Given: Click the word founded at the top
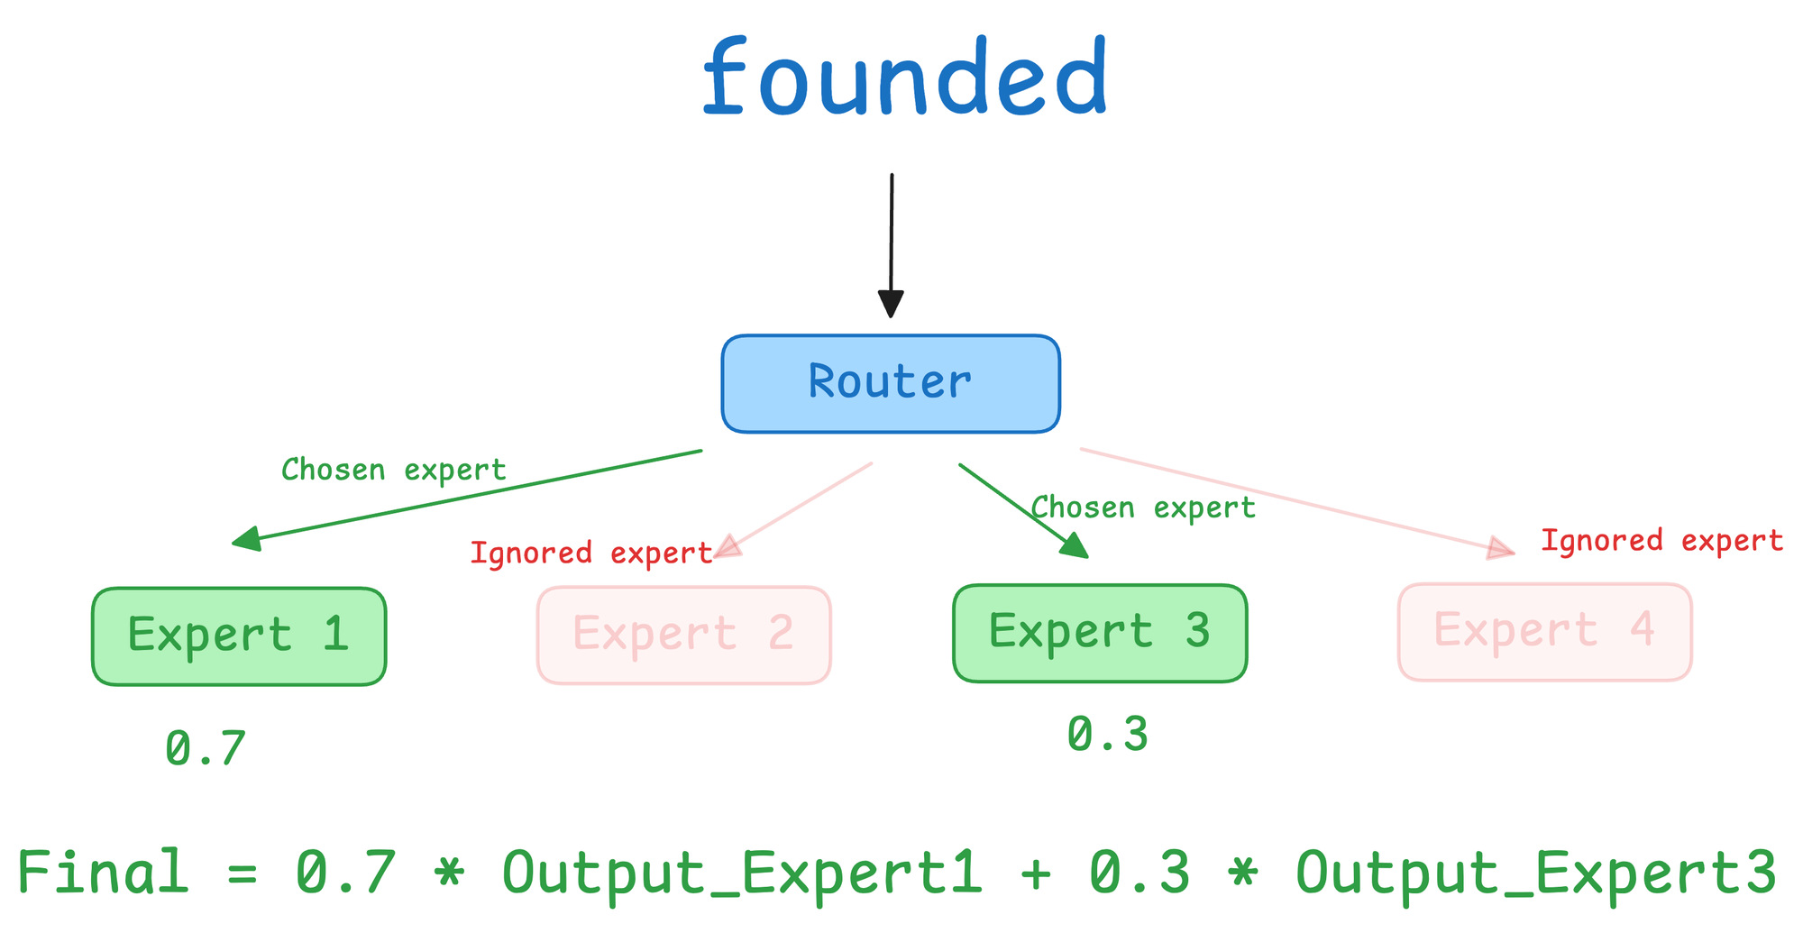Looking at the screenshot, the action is pyautogui.click(x=904, y=78).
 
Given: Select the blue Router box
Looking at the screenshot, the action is pyautogui.click(x=891, y=383).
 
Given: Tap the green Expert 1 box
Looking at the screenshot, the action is pyautogui.click(x=239, y=636).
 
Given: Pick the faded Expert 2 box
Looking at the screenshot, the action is pyautogui.click(x=683, y=636).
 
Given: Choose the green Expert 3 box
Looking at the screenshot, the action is pyautogui.click(x=1100, y=633).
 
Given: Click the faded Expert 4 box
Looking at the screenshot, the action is pyautogui.click(x=1544, y=632).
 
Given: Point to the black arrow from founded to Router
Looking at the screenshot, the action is pyautogui.click(x=891, y=245).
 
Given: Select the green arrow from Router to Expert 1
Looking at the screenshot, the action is pyautogui.click(x=467, y=498).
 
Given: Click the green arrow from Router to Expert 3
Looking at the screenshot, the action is pyautogui.click(x=1024, y=511).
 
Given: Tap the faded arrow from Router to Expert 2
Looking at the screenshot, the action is pyautogui.click(x=793, y=511).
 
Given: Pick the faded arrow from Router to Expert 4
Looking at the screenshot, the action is pyautogui.click(x=1298, y=502).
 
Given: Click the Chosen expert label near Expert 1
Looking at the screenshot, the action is pyautogui.click(x=394, y=470).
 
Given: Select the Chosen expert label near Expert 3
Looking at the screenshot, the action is pyautogui.click(x=1143, y=508).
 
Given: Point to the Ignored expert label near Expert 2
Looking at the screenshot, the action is pyautogui.click(x=591, y=553).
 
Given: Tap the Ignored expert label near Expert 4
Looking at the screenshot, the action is pyautogui.click(x=1661, y=540).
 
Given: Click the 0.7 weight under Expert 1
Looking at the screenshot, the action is pyautogui.click(x=206, y=748).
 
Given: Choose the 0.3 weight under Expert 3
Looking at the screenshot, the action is pyautogui.click(x=1108, y=734).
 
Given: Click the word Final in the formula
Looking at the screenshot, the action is pyautogui.click(x=103, y=872).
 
